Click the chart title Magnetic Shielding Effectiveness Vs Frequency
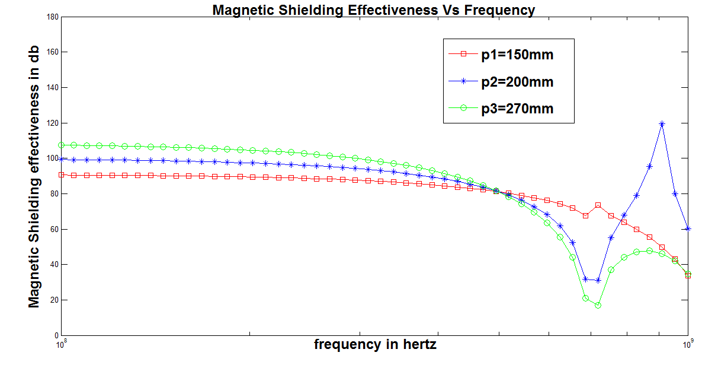click(374, 9)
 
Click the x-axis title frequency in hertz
click(375, 345)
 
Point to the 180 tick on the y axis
click(52, 17)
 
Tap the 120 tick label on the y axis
click(52, 123)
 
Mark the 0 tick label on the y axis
click(55, 335)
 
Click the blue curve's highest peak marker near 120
click(662, 124)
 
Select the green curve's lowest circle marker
click(598, 305)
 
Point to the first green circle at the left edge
click(61, 145)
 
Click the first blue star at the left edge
click(61, 158)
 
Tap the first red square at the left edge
click(61, 174)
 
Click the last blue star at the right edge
click(688, 228)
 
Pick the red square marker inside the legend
click(464, 54)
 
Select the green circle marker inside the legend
click(464, 108)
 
